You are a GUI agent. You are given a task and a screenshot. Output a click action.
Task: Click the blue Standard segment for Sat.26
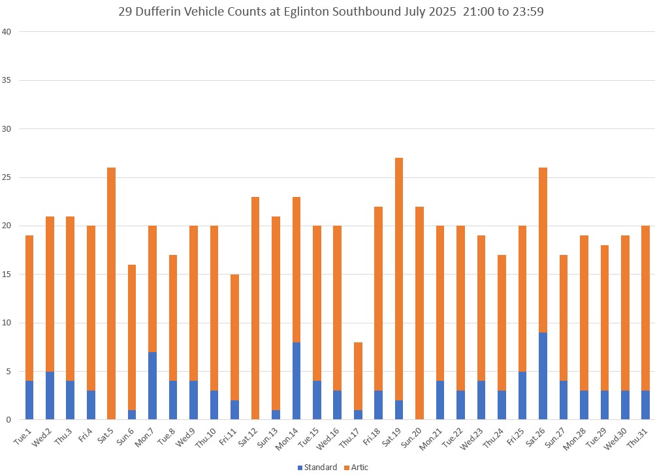(x=543, y=376)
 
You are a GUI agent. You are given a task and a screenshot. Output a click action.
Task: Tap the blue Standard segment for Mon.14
(x=296, y=381)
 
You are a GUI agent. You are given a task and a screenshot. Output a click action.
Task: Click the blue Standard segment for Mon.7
(x=152, y=385)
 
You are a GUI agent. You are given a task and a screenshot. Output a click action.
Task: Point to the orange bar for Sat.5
(x=111, y=293)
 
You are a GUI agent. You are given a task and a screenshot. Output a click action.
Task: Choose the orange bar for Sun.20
(x=419, y=313)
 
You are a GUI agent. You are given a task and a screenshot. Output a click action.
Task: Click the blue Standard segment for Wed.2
(x=50, y=395)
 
